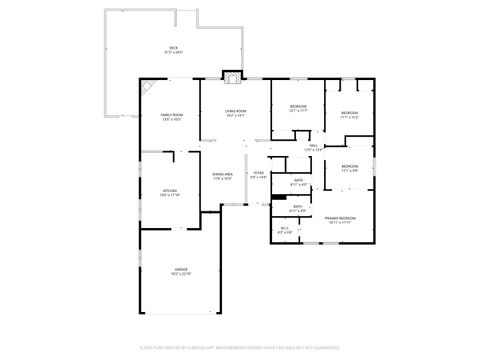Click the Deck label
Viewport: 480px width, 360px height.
coord(172,48)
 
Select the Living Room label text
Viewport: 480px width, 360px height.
coord(236,112)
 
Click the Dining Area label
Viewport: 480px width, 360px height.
coord(222,174)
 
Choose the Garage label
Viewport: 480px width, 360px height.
coord(181,268)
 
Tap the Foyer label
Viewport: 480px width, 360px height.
coord(258,173)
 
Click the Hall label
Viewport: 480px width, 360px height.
coord(312,146)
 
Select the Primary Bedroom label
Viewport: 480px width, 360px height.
coord(340,217)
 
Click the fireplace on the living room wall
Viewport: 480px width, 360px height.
coord(232,77)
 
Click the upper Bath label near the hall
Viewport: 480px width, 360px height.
coord(299,182)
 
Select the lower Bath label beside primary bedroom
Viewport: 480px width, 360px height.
coord(298,207)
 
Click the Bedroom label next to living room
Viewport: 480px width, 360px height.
coord(298,106)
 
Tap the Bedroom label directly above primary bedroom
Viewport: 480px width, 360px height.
coord(348,166)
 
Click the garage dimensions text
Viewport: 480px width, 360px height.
coord(181,273)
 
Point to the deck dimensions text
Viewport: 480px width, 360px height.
coord(172,52)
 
